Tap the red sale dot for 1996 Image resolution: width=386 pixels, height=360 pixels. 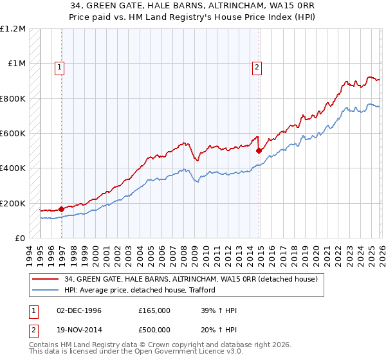coord(62,208)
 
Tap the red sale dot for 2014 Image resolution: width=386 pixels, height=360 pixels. coord(259,150)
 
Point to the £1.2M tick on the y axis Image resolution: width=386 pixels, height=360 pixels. coord(13,29)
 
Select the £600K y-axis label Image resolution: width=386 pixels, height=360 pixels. coord(13,134)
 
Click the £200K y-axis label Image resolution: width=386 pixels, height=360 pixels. coord(13,203)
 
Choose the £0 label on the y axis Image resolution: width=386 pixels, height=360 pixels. coord(21,238)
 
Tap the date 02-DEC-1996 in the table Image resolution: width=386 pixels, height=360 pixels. coord(79,310)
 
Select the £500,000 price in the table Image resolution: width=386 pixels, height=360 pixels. coord(154,331)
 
